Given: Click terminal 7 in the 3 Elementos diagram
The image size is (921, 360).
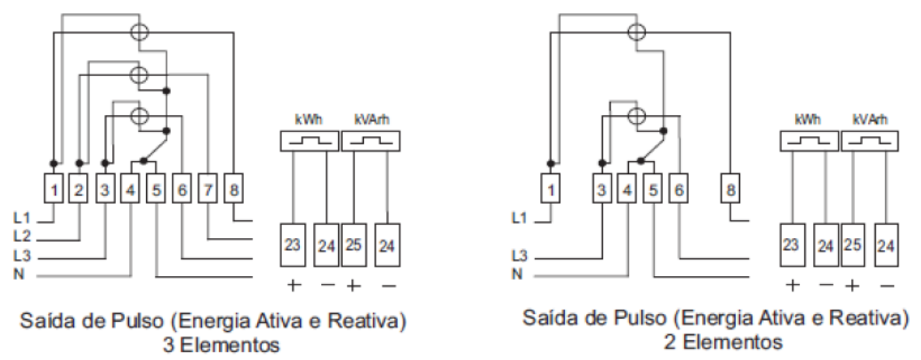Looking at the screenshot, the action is pyautogui.click(x=208, y=188).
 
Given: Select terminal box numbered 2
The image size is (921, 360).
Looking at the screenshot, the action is pyautogui.click(x=78, y=188).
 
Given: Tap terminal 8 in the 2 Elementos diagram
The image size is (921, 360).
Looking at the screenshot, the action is pyautogui.click(x=731, y=188).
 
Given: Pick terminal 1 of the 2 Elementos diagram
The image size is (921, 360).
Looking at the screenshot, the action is pyautogui.click(x=550, y=188).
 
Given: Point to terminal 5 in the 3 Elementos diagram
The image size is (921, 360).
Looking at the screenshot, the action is pyautogui.click(x=156, y=188).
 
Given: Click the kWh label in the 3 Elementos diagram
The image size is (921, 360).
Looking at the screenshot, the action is pyautogui.click(x=309, y=120).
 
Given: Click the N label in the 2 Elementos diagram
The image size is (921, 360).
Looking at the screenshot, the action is pyautogui.click(x=517, y=274).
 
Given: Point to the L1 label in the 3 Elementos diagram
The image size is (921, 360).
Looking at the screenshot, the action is pyautogui.click(x=21, y=218).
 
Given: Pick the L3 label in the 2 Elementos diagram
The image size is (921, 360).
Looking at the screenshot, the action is pyautogui.click(x=519, y=256).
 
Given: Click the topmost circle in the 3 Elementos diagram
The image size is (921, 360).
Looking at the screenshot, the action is pyautogui.click(x=139, y=32).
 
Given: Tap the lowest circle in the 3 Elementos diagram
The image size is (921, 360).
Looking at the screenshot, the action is pyautogui.click(x=139, y=115).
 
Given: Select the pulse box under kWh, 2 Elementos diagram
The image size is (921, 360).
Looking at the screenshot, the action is pyautogui.click(x=808, y=142).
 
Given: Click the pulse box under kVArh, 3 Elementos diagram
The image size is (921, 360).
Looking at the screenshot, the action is pyautogui.click(x=372, y=142).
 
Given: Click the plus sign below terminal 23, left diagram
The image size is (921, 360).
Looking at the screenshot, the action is pyautogui.click(x=293, y=286).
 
